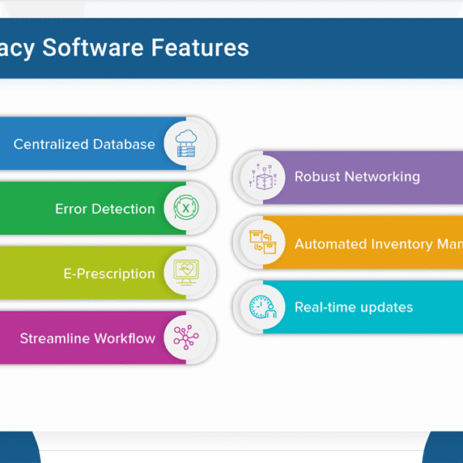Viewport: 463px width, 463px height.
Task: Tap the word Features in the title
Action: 200,48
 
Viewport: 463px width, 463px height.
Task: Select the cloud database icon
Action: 186,144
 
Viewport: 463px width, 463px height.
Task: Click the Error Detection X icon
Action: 186,208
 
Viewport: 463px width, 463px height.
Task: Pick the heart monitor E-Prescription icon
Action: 186,273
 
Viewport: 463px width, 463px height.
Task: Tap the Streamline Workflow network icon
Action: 186,338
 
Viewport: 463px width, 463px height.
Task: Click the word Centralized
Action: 50,144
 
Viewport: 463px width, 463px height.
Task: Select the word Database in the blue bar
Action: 123,144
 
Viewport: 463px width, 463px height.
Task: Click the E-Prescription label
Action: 109,274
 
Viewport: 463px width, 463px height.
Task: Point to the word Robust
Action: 316,177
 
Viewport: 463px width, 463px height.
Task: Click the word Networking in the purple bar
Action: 382,177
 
